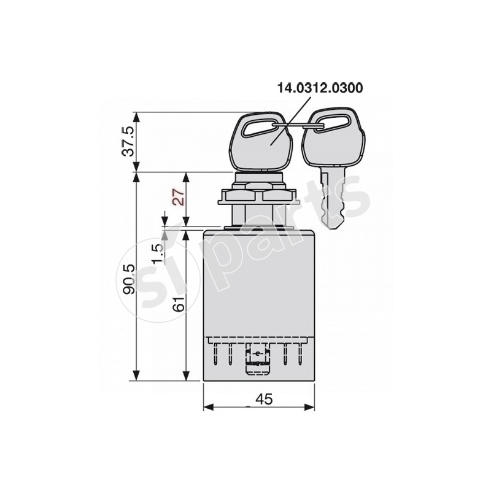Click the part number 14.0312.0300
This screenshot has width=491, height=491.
click(x=320, y=88)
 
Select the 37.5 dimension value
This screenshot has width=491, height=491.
click(x=127, y=142)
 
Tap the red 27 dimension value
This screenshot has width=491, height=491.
click(x=178, y=197)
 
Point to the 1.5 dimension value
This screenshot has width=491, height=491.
click(x=158, y=252)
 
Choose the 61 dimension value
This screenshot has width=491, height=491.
click(x=179, y=303)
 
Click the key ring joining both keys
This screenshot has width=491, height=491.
click(x=302, y=126)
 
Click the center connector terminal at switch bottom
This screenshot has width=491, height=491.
click(x=257, y=361)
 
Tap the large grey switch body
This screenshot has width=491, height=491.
click(x=259, y=282)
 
